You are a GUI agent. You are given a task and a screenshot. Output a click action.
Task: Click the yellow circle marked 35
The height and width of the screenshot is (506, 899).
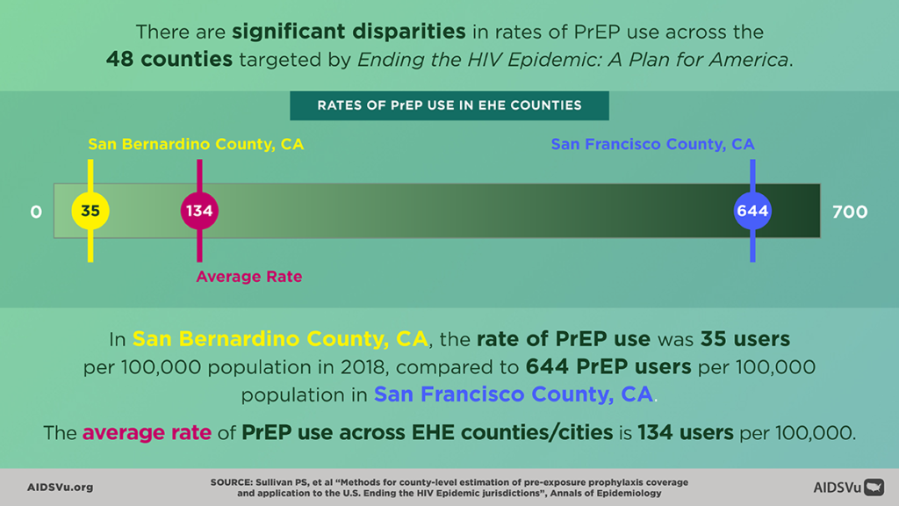coord(90,211)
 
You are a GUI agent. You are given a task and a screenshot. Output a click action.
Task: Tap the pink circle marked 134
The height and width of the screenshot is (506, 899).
coord(199,211)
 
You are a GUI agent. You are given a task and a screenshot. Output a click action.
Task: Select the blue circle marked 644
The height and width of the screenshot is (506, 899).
coord(752,211)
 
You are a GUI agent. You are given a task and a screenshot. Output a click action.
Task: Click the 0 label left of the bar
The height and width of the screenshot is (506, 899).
coord(36,212)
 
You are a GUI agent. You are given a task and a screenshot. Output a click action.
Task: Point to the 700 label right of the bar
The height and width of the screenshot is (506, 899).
coord(849,212)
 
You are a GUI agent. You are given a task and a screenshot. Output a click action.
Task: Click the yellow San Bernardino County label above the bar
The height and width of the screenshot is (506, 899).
coord(196,144)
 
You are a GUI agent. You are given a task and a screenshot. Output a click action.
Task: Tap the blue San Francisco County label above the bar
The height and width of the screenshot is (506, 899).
coord(652,144)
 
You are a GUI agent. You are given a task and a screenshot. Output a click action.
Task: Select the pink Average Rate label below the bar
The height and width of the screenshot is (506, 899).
coord(248,277)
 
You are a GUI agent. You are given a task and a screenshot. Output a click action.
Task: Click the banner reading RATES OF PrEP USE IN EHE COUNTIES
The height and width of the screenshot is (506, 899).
coord(449,105)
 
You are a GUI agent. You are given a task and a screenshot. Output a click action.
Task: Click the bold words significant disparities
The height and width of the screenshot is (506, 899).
coord(349,33)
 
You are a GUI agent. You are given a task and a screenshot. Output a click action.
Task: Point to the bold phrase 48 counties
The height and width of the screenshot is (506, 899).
coord(169,60)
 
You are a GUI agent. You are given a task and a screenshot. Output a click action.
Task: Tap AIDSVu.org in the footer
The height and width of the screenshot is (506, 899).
coord(60,487)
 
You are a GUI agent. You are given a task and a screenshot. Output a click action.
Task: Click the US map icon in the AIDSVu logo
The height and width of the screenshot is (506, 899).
coord(874,487)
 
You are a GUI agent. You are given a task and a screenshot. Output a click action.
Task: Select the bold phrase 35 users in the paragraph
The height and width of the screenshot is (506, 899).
coord(737,339)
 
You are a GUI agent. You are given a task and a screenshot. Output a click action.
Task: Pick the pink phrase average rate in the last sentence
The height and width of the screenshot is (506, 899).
coord(147,432)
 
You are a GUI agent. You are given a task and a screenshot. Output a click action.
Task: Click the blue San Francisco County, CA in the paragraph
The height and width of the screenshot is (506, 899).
coord(514,394)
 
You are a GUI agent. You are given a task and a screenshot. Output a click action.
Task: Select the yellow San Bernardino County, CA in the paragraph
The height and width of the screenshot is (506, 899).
coord(280,339)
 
